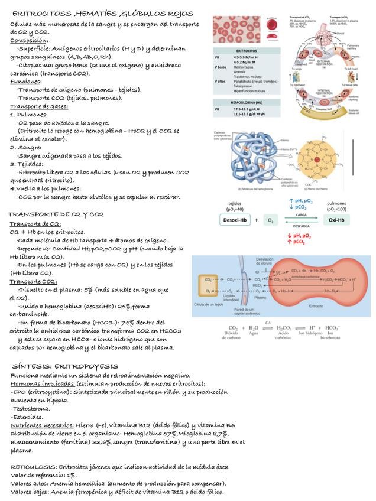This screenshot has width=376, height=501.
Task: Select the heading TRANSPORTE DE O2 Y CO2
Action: pyautogui.click(x=56, y=214)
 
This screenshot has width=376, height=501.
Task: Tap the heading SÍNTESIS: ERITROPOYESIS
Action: pyautogui.click(x=65, y=366)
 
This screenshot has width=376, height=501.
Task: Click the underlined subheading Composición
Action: pyautogui.click(x=29, y=40)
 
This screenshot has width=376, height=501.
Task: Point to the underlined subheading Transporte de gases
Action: pyautogui.click(x=39, y=106)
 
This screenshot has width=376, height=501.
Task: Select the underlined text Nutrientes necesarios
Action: pyautogui.click(x=41, y=424)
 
